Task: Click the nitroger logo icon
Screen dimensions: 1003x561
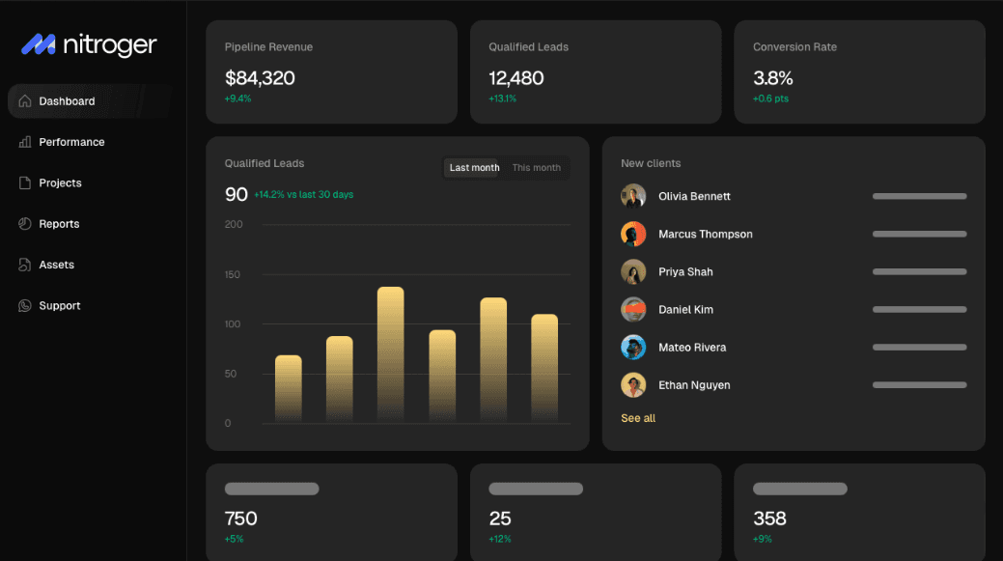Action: click(39, 44)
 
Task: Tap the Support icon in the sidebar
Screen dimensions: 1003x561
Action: click(25, 306)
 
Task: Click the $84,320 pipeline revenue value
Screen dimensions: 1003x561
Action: click(260, 78)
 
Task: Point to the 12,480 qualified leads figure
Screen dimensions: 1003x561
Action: click(516, 78)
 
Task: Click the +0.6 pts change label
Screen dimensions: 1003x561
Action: click(770, 98)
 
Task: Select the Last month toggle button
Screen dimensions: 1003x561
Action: click(474, 168)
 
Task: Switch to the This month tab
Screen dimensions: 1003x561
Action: click(536, 168)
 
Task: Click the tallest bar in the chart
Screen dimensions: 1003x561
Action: click(390, 355)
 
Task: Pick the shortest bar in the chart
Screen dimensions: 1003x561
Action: click(289, 389)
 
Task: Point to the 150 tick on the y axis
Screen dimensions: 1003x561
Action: click(233, 274)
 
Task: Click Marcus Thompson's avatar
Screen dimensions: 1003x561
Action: click(633, 234)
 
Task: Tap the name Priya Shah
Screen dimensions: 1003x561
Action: click(685, 272)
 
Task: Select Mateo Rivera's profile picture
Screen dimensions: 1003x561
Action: click(633, 348)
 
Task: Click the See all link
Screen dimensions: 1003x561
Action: click(638, 418)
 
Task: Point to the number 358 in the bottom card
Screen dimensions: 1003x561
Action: click(769, 519)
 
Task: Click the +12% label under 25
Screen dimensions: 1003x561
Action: click(500, 539)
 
